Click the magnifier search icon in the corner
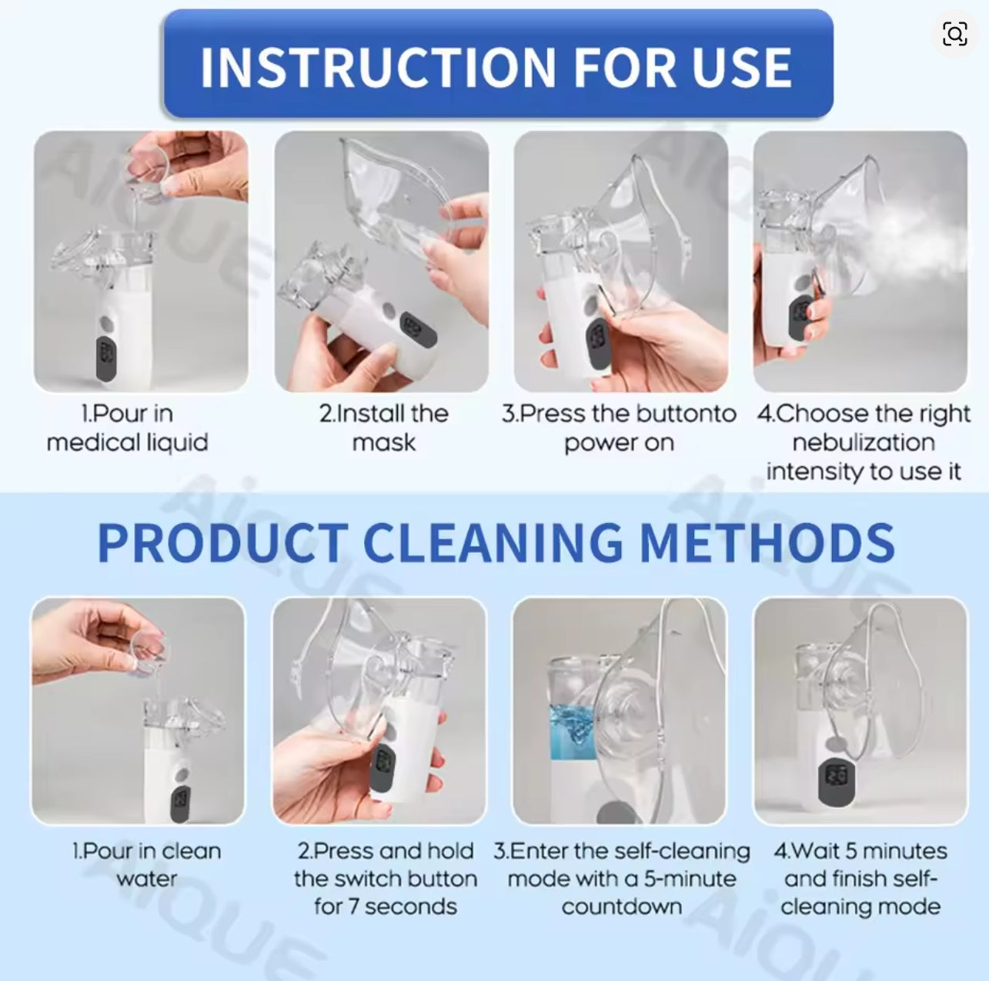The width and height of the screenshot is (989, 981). click(x=954, y=34)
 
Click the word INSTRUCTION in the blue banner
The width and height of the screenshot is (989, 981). click(x=378, y=67)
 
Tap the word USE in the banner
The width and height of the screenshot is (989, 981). click(x=741, y=67)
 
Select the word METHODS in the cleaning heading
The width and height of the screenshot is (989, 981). click(x=767, y=542)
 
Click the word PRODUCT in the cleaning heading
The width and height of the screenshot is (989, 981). click(x=222, y=542)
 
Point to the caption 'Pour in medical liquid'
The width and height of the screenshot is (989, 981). click(x=127, y=428)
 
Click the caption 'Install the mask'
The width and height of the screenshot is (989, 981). click(x=384, y=428)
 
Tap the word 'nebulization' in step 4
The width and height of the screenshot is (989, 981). click(x=864, y=442)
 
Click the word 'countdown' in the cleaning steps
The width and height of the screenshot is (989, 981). click(x=622, y=906)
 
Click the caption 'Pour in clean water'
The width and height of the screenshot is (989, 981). click(x=147, y=865)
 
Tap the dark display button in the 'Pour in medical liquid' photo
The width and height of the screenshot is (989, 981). click(x=106, y=359)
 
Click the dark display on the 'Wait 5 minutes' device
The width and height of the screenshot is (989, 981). click(x=836, y=782)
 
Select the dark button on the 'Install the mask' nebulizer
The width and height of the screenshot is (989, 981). click(x=418, y=329)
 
